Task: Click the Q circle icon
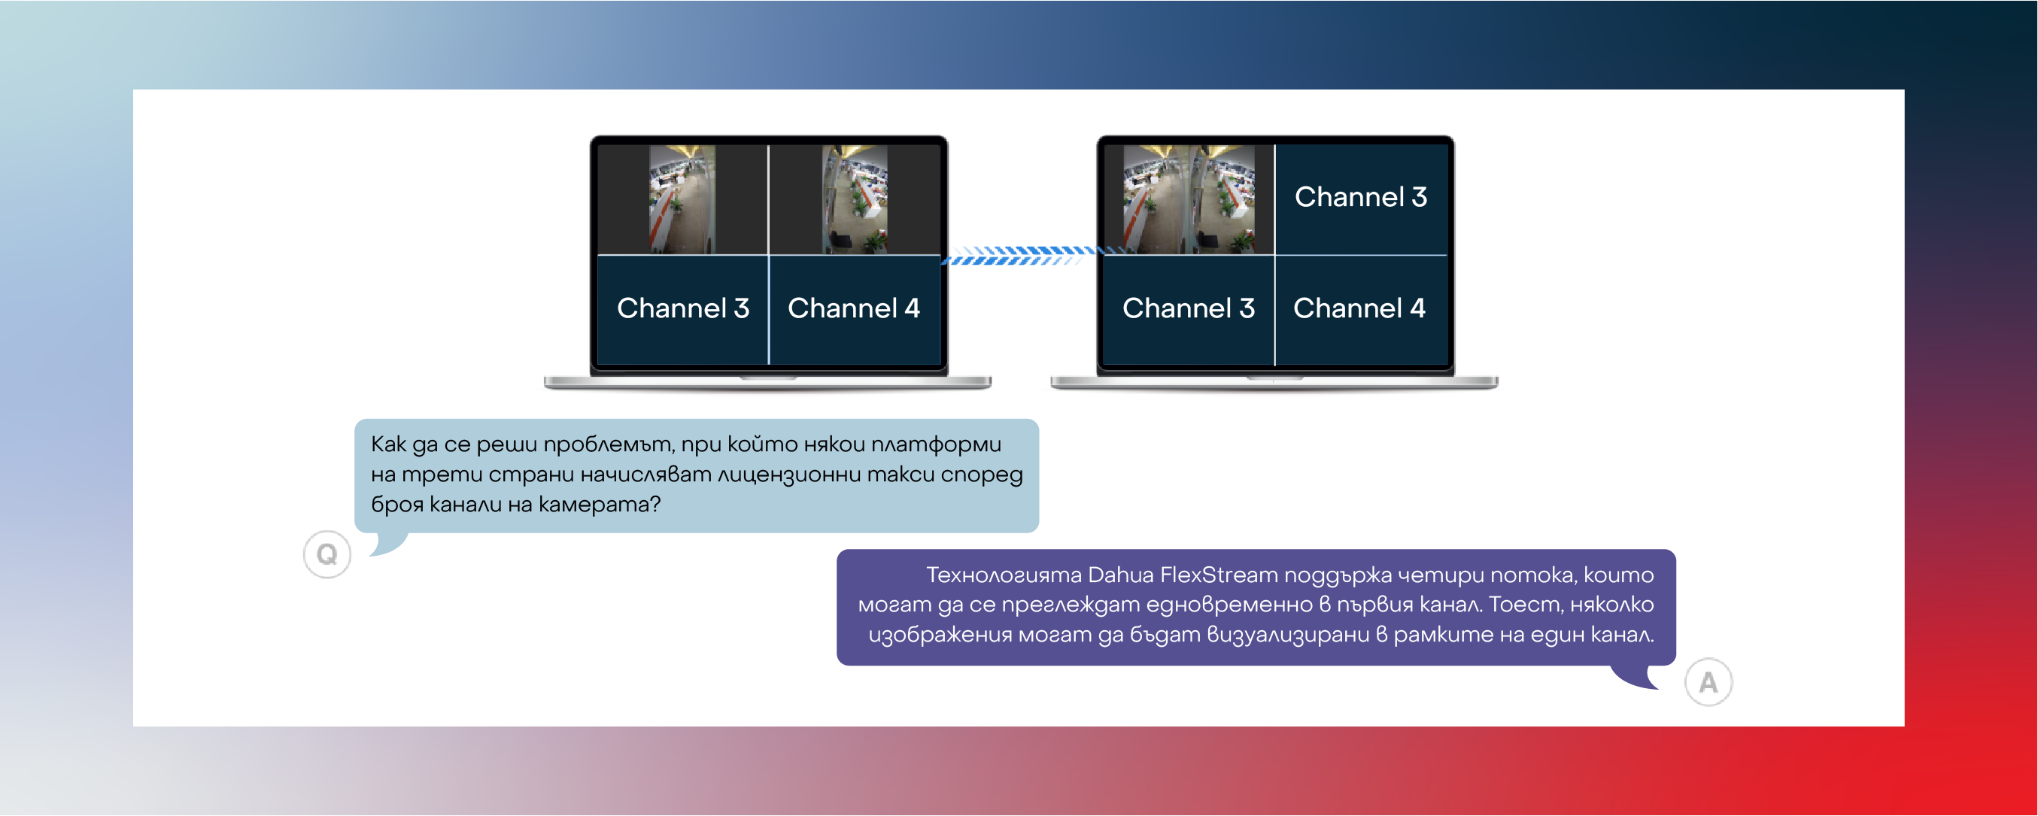click(327, 554)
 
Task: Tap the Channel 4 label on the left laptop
click(854, 308)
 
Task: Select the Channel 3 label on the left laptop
click(683, 308)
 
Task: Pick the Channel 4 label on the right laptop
click(1359, 308)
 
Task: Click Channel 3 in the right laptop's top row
click(1361, 196)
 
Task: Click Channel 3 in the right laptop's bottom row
click(1189, 308)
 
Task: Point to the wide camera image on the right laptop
click(1189, 199)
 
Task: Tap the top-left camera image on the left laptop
click(682, 199)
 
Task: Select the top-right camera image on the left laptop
click(855, 199)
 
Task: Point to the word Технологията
click(1004, 575)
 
